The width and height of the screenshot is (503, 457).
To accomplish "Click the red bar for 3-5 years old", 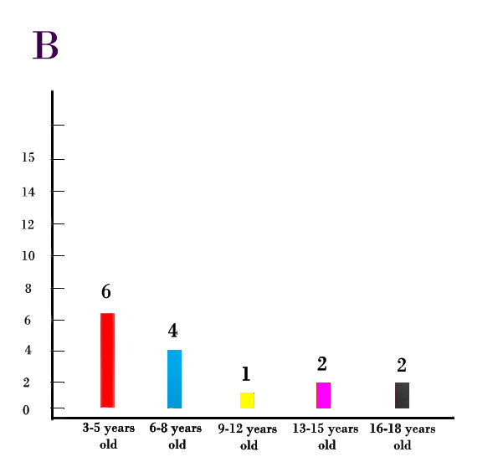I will (107, 360).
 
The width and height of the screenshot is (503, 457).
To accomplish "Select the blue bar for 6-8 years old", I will (174, 378).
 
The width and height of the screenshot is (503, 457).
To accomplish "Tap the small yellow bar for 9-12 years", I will (247, 400).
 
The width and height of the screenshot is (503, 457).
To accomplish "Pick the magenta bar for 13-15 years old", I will (323, 395).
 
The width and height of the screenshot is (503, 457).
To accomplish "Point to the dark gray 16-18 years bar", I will (402, 395).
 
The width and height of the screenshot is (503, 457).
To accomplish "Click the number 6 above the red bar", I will (106, 292).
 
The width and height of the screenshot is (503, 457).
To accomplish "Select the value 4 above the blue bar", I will (172, 331).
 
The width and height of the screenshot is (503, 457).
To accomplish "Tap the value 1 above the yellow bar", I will (245, 374).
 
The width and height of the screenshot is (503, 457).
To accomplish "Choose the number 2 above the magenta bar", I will (321, 363).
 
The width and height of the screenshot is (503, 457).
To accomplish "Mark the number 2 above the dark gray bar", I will (401, 365).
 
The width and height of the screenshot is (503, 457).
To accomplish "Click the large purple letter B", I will (45, 46).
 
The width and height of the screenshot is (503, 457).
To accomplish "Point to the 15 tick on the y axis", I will (28, 158).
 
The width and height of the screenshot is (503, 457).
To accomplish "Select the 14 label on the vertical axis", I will (28, 192).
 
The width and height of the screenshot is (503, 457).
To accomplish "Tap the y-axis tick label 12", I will (28, 224).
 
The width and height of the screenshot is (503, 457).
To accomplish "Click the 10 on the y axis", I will (28, 256).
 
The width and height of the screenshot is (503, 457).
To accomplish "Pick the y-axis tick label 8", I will (28, 288).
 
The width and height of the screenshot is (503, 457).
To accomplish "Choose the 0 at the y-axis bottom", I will (26, 409).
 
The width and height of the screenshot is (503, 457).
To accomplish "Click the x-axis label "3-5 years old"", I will (108, 436).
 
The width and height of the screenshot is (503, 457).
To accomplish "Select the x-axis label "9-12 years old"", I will (249, 437).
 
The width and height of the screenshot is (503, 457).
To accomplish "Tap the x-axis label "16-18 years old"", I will (403, 437).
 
